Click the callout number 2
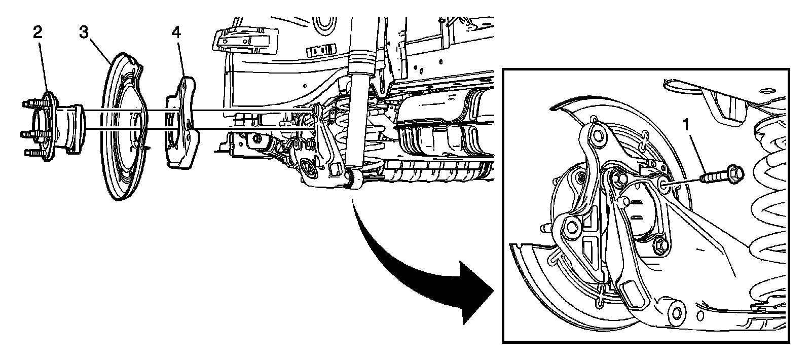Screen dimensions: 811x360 (38, 32)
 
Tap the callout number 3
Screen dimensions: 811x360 (84, 32)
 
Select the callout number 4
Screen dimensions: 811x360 (176, 32)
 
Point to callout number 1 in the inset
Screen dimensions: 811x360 (686, 125)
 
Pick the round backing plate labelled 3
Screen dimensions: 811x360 (124, 127)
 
